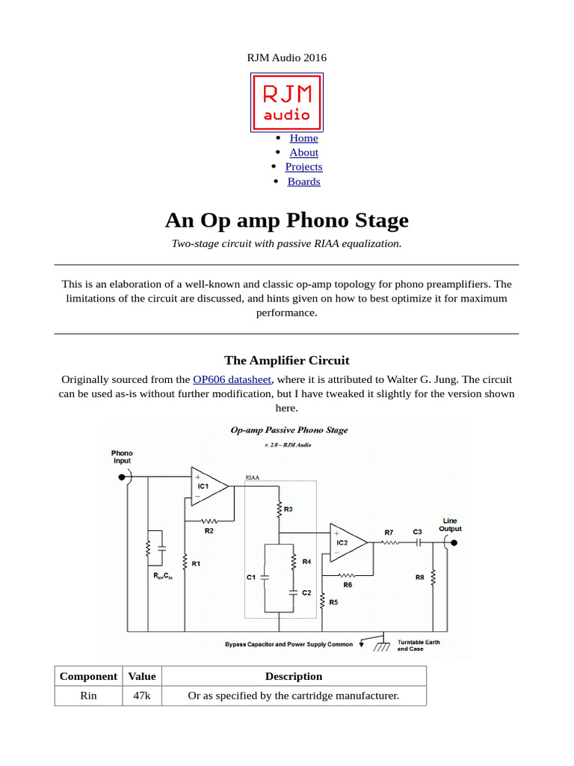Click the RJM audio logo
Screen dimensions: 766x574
(286, 102)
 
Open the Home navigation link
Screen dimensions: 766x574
(303, 138)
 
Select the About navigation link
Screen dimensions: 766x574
(303, 152)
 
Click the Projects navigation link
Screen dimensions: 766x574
(303, 167)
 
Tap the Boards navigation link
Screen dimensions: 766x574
(303, 181)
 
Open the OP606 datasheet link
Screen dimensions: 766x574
(232, 379)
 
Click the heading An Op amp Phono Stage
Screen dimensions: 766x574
(286, 221)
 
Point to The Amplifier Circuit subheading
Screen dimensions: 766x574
(286, 360)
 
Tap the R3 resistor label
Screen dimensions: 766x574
(288, 509)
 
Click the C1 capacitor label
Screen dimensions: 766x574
(251, 577)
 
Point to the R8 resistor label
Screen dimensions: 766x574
(419, 577)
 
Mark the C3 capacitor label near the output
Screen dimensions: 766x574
(418, 532)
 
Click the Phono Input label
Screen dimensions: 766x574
(122, 457)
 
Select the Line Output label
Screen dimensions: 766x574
(450, 524)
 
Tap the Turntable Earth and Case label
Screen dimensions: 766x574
(419, 645)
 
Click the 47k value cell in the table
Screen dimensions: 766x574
(142, 696)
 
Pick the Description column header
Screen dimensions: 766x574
(294, 676)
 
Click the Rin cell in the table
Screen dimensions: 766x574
(88, 696)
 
